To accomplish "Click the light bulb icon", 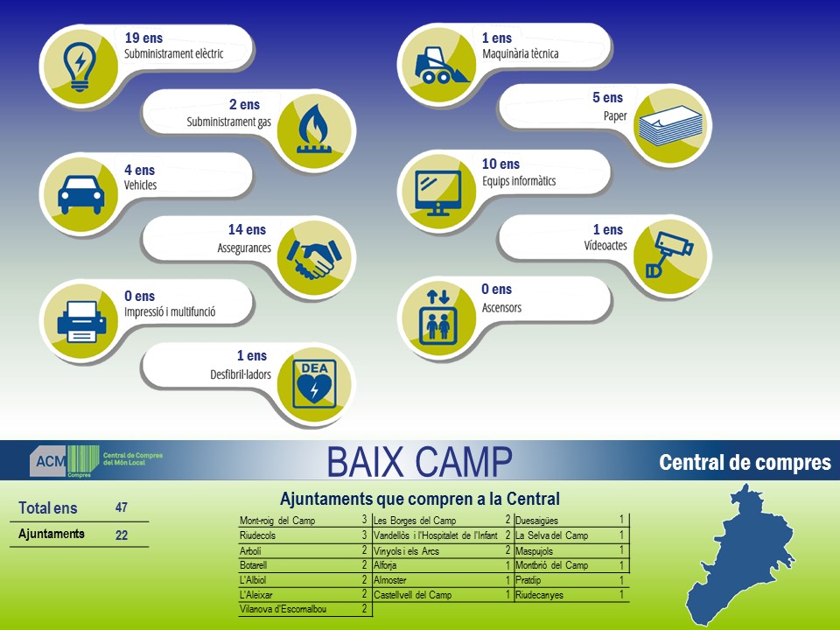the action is pyautogui.click(x=80, y=66).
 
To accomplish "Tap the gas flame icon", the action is pyautogui.click(x=314, y=129).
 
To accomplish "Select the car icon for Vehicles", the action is pyautogui.click(x=80, y=194).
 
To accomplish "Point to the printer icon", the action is pyautogui.click(x=81, y=321).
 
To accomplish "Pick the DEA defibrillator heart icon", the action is pyautogui.click(x=314, y=384).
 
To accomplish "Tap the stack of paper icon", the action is pyautogui.click(x=670, y=126).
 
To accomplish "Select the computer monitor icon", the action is pyautogui.click(x=438, y=192).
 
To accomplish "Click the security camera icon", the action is pyautogui.click(x=669, y=254).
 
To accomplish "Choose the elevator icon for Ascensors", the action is pyautogui.click(x=438, y=318).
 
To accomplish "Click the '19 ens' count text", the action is pyautogui.click(x=143, y=38).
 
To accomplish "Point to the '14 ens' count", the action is pyautogui.click(x=247, y=230).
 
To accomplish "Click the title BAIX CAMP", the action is pyautogui.click(x=419, y=462).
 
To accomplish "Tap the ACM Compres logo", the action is pyautogui.click(x=96, y=461).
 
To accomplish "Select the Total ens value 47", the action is pyautogui.click(x=122, y=507).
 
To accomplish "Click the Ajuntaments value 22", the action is pyautogui.click(x=122, y=535).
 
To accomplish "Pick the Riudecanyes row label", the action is pyautogui.click(x=540, y=595).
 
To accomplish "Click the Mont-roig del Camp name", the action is pyautogui.click(x=277, y=520).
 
